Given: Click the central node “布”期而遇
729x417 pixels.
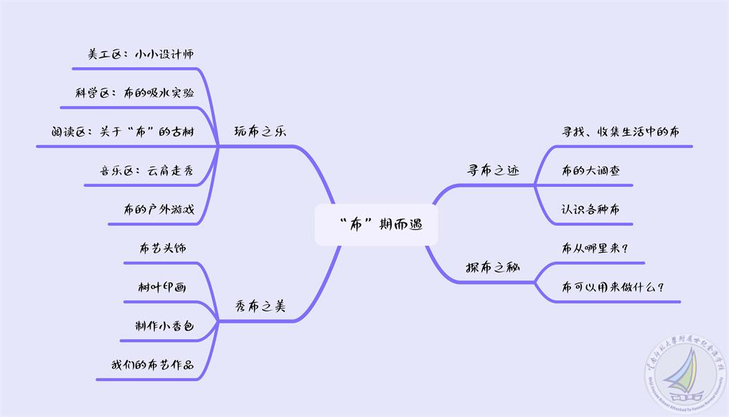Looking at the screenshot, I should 376,224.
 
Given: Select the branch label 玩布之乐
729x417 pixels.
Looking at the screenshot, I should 260,133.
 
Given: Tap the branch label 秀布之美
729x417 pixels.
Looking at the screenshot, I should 260,306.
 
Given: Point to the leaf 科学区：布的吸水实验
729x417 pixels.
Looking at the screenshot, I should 134,93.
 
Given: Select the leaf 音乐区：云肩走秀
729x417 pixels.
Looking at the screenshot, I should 146,171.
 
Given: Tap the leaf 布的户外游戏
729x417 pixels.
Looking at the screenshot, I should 158,210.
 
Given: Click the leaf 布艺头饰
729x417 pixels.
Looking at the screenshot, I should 163,248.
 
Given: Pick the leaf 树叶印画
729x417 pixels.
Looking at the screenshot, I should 162,287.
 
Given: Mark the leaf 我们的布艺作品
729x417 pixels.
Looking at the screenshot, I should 152,364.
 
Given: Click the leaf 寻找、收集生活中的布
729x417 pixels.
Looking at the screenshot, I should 621,132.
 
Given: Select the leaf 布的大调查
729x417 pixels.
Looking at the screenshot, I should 591,171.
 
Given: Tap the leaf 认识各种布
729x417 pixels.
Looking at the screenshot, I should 591,210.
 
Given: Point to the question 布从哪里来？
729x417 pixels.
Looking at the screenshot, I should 596,248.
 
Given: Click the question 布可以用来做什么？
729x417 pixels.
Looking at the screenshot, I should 612,287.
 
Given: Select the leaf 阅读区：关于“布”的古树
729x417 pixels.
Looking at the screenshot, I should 123,132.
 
